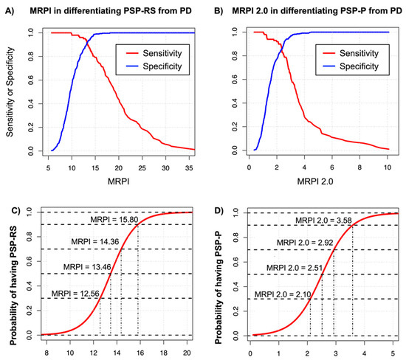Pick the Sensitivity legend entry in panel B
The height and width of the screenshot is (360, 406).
tap(354, 54)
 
